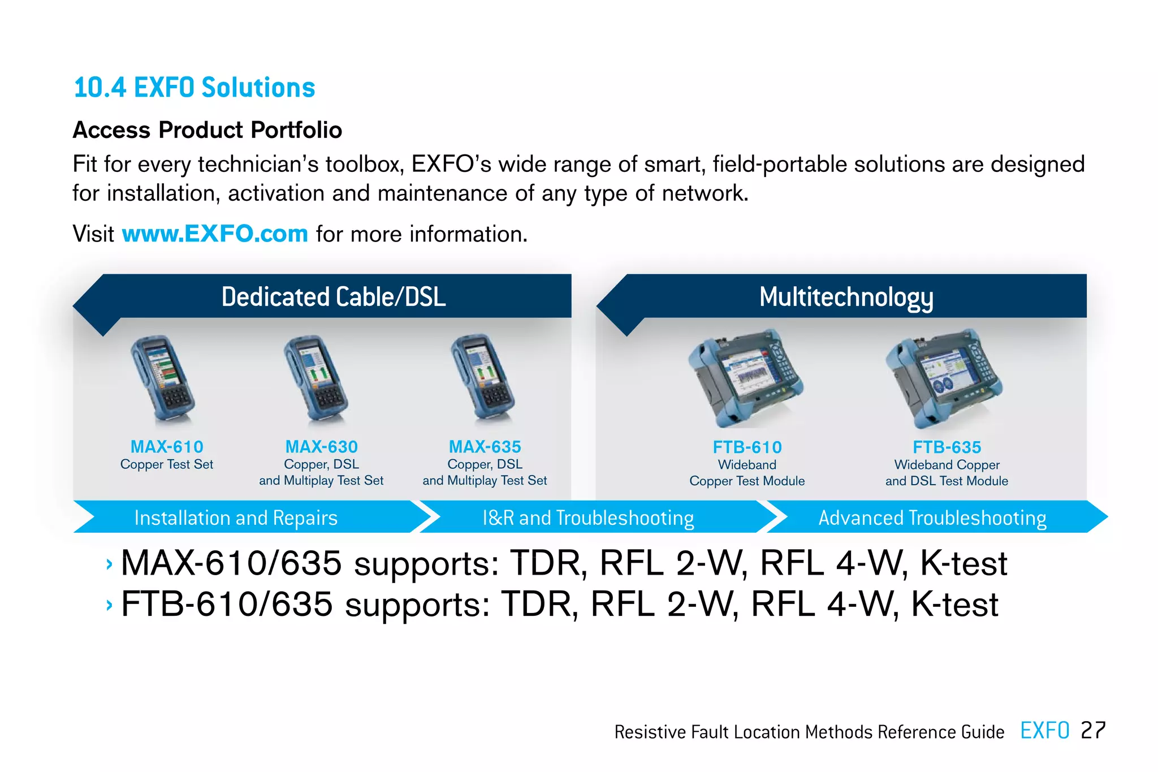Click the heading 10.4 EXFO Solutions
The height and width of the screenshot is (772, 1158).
point(194,88)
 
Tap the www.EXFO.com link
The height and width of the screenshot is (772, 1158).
point(215,234)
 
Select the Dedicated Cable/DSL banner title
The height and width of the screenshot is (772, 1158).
point(334,297)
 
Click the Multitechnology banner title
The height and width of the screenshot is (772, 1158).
point(846,297)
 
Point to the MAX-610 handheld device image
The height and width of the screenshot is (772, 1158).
point(163,379)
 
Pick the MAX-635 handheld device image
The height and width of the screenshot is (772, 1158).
point(482,378)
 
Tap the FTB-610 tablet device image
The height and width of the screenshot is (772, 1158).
point(746,378)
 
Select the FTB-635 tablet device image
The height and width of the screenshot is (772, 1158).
point(943,378)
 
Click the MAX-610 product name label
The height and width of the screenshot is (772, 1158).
point(167,447)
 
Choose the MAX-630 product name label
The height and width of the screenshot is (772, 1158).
point(321,447)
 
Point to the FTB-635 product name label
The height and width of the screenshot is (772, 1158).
point(947,447)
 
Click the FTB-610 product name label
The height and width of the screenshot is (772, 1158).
point(747,447)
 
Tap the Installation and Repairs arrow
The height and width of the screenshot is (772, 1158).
point(236,517)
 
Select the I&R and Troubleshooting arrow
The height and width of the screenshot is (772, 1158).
point(588,517)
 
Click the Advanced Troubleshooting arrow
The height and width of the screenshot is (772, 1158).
point(932,517)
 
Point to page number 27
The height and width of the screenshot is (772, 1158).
point(1092,730)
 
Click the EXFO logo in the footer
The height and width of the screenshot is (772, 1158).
point(1044,730)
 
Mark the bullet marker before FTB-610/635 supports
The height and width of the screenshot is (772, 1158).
point(109,605)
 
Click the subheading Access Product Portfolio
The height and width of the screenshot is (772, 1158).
point(208,130)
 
